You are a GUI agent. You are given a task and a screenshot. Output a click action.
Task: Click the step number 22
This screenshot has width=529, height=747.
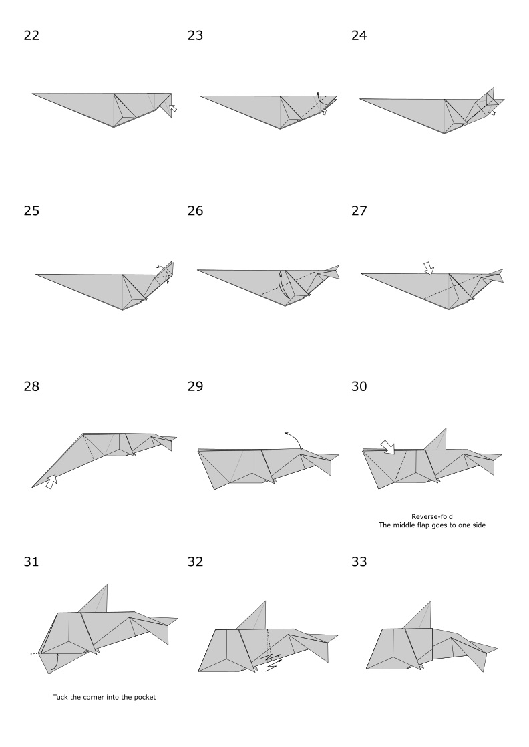click(x=31, y=36)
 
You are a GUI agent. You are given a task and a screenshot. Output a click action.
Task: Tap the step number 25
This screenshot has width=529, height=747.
click(x=31, y=212)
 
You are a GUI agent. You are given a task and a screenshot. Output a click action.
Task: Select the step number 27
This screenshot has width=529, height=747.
click(x=359, y=212)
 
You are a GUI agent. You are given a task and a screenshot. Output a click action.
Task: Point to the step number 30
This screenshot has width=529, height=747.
click(x=359, y=387)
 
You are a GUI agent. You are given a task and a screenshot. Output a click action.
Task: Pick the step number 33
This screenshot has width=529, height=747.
click(x=359, y=562)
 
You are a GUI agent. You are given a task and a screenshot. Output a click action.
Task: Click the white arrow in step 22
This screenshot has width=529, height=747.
click(x=173, y=107)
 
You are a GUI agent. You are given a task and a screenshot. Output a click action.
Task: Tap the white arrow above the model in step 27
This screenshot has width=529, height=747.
click(x=428, y=268)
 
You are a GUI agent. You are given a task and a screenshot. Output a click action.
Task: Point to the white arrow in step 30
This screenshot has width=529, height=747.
click(x=388, y=445)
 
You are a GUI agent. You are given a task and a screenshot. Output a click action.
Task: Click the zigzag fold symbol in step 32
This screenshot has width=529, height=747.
click(x=271, y=663)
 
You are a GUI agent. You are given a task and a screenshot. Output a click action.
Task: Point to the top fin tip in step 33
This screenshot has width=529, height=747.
click(x=430, y=601)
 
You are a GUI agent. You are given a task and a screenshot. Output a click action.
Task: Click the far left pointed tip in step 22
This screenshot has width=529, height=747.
click(x=33, y=94)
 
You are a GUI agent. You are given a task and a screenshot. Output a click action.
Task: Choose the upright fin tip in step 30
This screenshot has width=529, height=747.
click(x=446, y=428)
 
